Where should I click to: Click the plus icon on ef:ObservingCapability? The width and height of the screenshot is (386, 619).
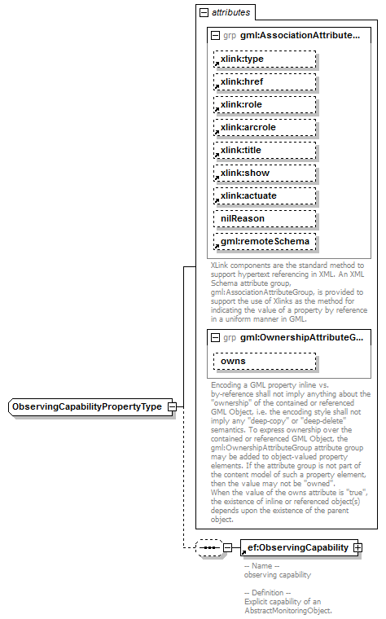[x=357, y=548]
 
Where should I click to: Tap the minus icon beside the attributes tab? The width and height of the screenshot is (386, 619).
[x=203, y=13]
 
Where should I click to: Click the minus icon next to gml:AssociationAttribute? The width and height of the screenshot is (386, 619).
[x=214, y=37]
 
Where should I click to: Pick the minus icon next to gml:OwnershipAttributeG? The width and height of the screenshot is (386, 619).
[x=214, y=337]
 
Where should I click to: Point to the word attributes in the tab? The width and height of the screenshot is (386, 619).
[x=231, y=13]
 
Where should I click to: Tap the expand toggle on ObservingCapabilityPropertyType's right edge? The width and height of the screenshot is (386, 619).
[x=172, y=406]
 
